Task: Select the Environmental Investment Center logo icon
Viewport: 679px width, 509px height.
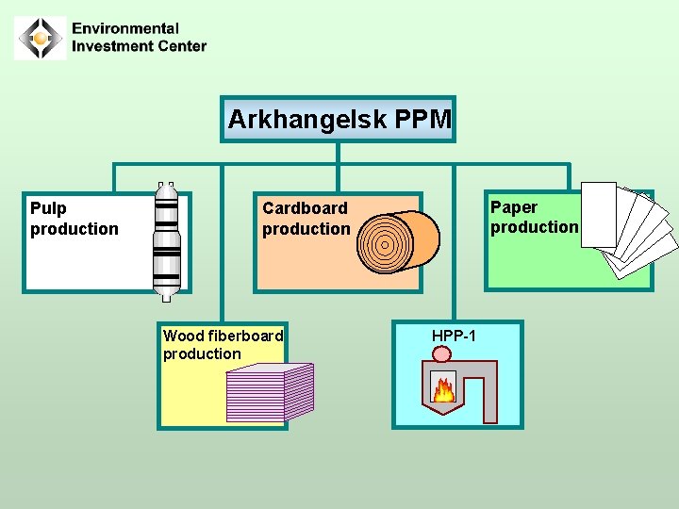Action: pos(41,39)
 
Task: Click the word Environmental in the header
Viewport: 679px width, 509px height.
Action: pos(125,29)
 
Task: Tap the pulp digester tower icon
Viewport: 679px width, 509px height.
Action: pos(167,241)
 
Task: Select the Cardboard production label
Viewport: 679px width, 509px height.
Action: pos(306,219)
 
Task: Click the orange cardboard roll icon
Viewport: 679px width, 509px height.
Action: pos(399,241)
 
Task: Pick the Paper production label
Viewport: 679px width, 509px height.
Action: pos(534,217)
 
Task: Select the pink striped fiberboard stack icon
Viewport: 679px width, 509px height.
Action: pos(270,392)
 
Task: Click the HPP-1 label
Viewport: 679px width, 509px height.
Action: pos(454,336)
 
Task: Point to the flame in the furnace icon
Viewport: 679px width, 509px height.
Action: pos(443,388)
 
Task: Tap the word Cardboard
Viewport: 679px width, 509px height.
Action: pos(305,208)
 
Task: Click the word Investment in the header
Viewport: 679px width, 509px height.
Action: pos(111,46)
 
